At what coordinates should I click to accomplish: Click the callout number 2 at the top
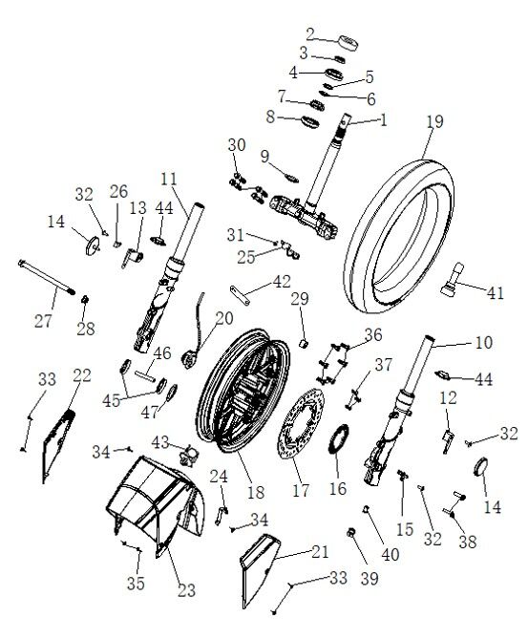309,33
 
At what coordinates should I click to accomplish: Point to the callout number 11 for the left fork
169,178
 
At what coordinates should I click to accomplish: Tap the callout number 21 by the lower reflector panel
318,551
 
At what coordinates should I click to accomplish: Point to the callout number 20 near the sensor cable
223,318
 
